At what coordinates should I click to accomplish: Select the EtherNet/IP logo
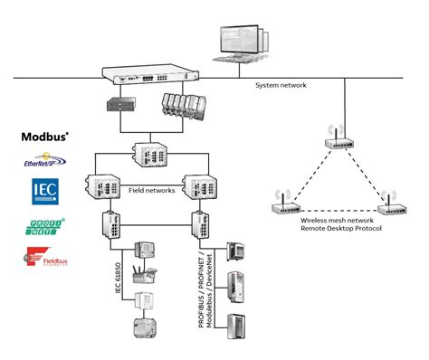(x=44, y=162)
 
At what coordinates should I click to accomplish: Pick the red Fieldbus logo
(x=44, y=260)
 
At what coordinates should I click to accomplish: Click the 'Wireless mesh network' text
(x=336, y=220)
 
